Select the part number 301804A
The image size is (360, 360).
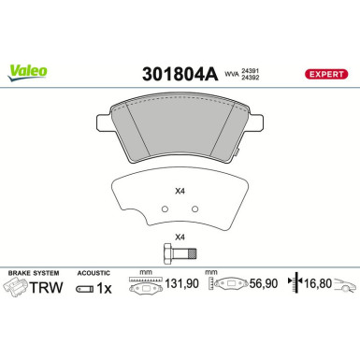tap(180, 71)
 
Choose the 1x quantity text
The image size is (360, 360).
tap(105, 289)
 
